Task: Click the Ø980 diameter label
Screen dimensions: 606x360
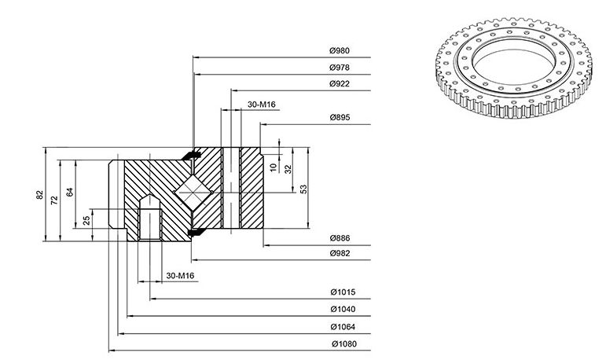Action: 340,50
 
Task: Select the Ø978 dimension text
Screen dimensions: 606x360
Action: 340,68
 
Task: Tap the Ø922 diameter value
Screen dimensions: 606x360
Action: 340,84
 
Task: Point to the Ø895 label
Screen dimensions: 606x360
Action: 340,118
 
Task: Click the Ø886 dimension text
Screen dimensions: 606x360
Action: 340,238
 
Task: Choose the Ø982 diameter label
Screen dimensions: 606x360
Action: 340,254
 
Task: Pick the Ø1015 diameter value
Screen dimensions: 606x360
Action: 343,292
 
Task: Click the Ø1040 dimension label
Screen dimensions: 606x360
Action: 343,310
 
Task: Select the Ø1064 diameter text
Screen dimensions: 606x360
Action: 343,327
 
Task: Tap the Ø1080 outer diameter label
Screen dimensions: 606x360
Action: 344,343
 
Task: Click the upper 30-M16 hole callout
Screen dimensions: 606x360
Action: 261,105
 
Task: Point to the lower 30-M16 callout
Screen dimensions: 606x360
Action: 180,276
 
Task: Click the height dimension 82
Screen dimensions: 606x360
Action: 40,195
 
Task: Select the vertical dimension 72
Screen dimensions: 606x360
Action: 54,200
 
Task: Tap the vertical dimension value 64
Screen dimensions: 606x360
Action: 70,192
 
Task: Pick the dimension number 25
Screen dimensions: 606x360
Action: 86,220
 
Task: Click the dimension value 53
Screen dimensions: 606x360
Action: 303,189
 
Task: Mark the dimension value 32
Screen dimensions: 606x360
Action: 288,169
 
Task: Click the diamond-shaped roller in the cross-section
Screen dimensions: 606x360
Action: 193,193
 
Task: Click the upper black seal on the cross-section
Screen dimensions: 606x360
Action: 191,155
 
